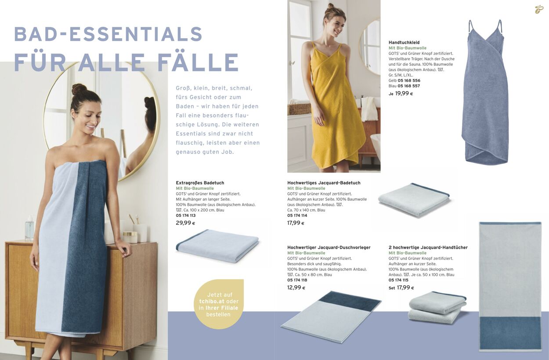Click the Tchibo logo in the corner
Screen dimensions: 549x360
[x=539, y=9]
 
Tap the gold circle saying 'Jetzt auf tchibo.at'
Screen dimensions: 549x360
[x=219, y=304]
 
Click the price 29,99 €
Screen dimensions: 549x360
[x=185, y=223]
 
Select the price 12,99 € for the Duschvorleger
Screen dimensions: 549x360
[x=296, y=288]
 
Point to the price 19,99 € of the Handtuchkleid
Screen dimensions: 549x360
[x=404, y=94]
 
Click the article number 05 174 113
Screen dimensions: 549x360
[x=185, y=216]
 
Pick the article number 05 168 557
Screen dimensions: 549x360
[x=408, y=86]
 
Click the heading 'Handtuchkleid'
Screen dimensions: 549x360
[x=401, y=43]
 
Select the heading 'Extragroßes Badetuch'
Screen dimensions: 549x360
[x=200, y=183]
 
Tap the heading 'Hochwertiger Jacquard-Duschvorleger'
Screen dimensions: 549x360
[x=329, y=248]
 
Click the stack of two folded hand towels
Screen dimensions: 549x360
[x=437, y=307]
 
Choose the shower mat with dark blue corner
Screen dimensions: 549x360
[x=331, y=317]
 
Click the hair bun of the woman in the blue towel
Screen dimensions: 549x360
[x=79, y=89]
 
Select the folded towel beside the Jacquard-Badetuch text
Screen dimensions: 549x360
[x=414, y=200]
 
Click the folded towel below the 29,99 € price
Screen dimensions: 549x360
[x=217, y=246]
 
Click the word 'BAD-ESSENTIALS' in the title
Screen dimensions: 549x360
[x=108, y=34]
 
